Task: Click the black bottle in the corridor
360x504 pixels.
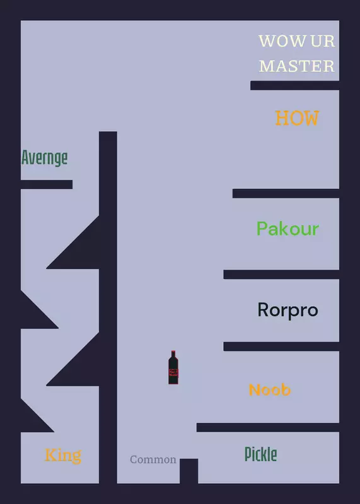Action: click(173, 367)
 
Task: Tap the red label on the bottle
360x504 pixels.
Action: click(173, 372)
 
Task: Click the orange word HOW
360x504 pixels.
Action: click(297, 118)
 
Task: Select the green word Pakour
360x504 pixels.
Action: click(288, 229)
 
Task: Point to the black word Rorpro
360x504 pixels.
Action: click(288, 310)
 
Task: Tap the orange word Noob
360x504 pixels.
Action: click(270, 389)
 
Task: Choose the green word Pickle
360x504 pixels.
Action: click(261, 454)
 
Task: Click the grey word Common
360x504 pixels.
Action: click(153, 459)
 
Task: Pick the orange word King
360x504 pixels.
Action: click(63, 455)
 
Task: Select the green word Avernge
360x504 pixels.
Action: click(45, 157)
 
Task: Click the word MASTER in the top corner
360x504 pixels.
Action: click(297, 66)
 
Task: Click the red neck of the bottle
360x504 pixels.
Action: click(173, 355)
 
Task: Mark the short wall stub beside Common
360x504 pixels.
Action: click(189, 471)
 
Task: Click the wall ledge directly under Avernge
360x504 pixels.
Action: click(47, 185)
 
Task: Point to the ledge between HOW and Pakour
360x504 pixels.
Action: click(286, 193)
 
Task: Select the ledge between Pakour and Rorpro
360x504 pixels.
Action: click(281, 275)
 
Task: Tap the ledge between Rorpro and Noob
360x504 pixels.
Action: click(281, 346)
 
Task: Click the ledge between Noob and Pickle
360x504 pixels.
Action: click(268, 428)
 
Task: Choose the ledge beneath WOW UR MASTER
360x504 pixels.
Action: click(295, 86)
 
